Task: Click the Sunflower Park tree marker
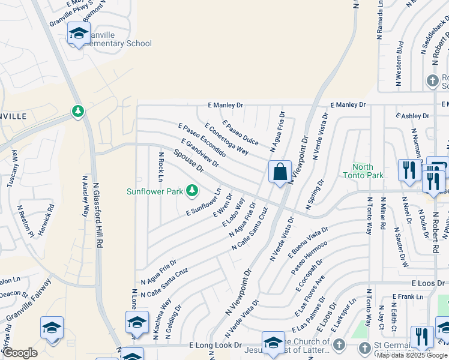(192, 191)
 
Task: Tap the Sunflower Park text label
(154, 192)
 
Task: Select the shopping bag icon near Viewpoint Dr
(280, 173)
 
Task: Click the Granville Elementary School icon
(78, 34)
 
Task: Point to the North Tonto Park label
(363, 171)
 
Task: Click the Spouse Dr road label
(189, 161)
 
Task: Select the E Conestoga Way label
(226, 139)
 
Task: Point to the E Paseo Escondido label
(202, 140)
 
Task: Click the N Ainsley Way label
(85, 197)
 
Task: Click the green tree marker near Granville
(77, 112)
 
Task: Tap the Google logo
(20, 353)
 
